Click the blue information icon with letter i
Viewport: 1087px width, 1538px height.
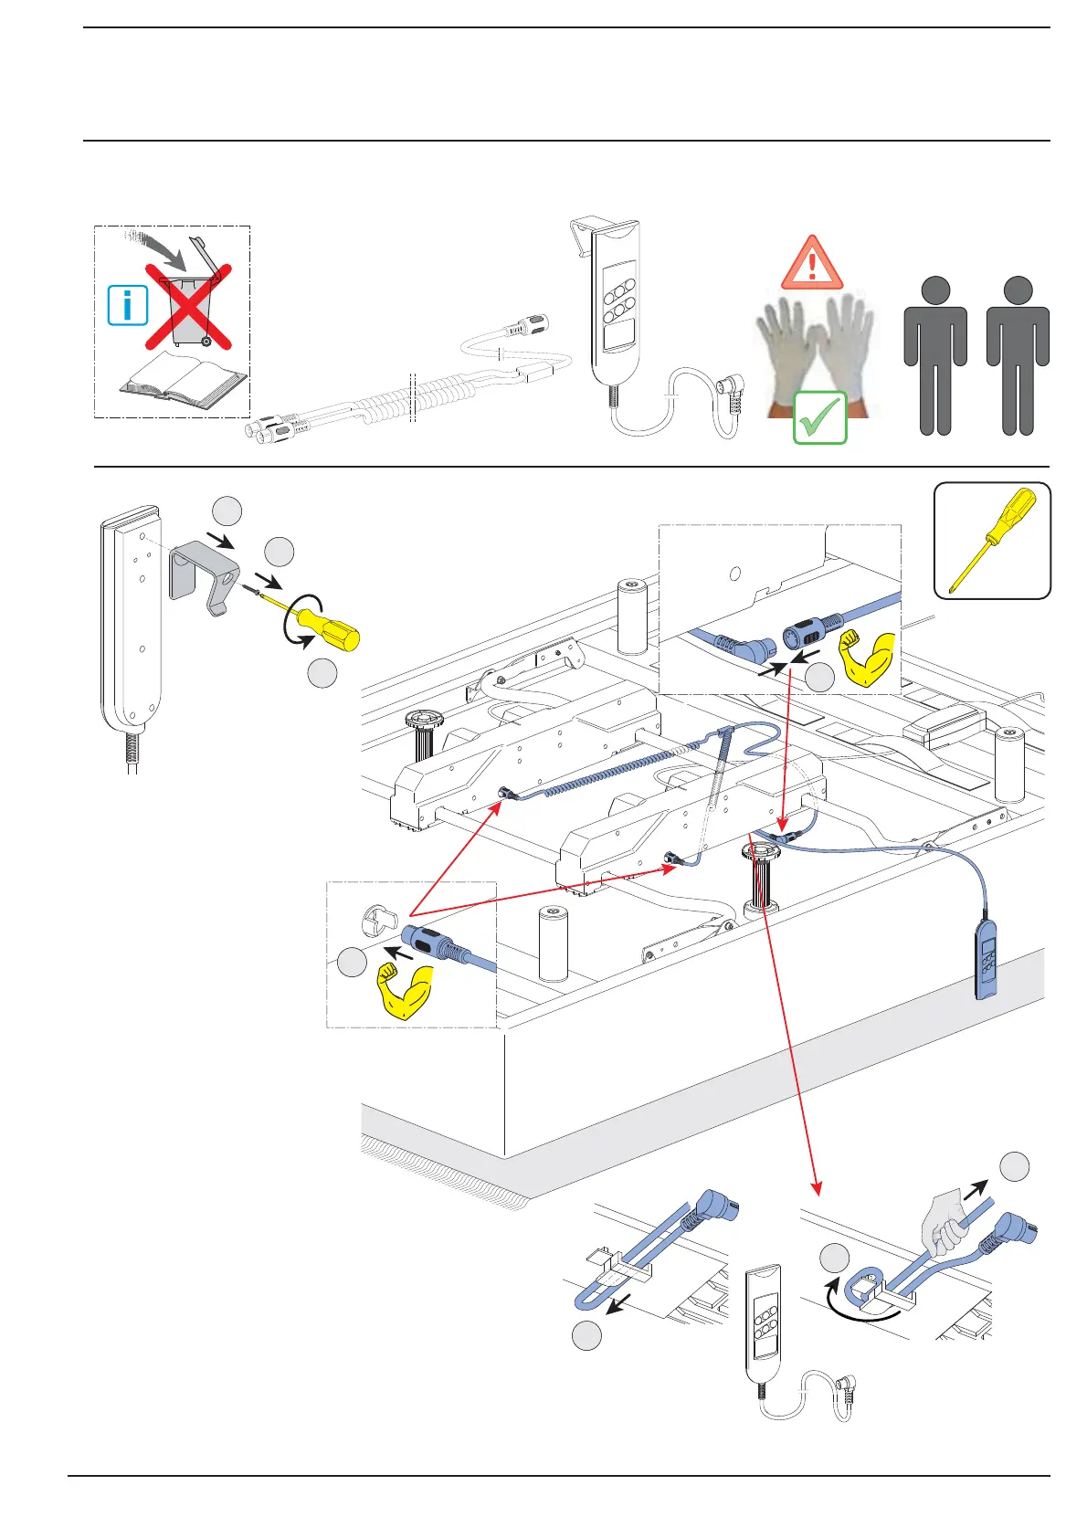[128, 305]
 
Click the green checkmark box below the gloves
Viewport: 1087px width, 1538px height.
[819, 418]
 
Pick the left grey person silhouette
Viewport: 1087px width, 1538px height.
[934, 356]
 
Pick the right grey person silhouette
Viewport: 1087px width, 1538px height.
[1018, 356]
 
